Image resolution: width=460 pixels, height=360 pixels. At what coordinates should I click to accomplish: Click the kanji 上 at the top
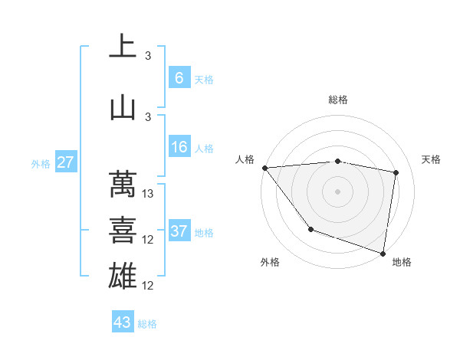[x=123, y=47]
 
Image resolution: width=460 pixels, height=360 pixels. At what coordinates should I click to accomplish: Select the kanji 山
[x=123, y=106]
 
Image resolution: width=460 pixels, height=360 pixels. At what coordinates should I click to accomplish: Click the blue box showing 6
[x=179, y=77]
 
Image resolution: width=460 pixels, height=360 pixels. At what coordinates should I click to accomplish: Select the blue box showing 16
[x=179, y=147]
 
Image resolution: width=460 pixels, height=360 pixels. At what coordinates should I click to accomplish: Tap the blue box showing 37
[x=179, y=231]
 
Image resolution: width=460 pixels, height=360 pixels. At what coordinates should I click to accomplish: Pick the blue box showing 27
[x=65, y=162]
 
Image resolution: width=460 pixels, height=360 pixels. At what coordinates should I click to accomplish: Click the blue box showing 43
[x=122, y=322]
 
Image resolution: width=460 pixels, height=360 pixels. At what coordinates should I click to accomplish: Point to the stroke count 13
[x=149, y=194]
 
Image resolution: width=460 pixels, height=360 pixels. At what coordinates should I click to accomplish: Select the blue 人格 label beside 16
[x=204, y=149]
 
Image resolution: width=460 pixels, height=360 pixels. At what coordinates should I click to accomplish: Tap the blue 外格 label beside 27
[x=41, y=164]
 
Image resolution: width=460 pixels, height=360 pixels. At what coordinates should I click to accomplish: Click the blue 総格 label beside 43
[x=147, y=324]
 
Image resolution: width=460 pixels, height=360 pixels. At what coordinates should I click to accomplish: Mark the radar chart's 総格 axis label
[x=338, y=100]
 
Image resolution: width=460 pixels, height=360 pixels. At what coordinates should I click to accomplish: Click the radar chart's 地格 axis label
[x=402, y=262]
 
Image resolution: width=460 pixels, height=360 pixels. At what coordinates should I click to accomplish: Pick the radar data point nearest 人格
[x=264, y=168]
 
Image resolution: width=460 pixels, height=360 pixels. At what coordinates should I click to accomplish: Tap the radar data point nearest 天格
[x=396, y=172]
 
